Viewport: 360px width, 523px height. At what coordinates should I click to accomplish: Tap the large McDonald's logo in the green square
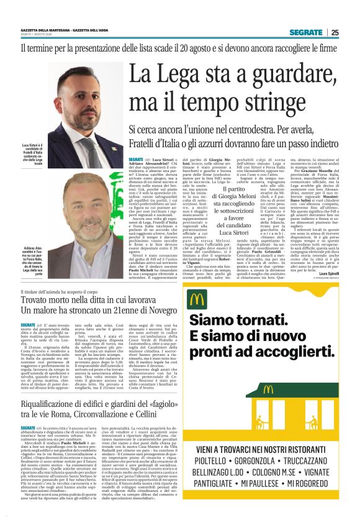[x=197, y=299]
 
